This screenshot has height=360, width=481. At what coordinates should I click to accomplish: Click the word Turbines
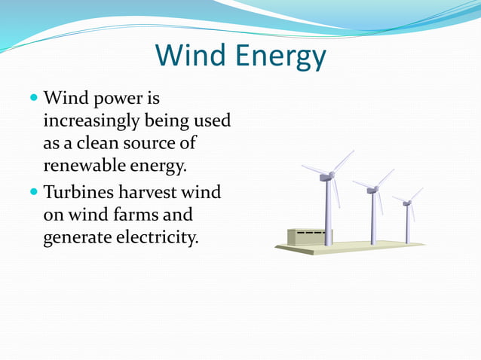click(78, 193)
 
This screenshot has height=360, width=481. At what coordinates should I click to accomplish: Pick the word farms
click(114, 215)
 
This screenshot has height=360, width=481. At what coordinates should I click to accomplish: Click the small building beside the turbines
click(305, 237)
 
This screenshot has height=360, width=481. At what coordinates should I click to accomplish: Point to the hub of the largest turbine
click(326, 176)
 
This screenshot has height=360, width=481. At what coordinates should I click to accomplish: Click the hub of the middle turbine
click(372, 190)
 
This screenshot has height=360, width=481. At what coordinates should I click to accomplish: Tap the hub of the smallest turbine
click(407, 203)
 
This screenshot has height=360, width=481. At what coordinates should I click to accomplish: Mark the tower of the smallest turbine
click(408, 224)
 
